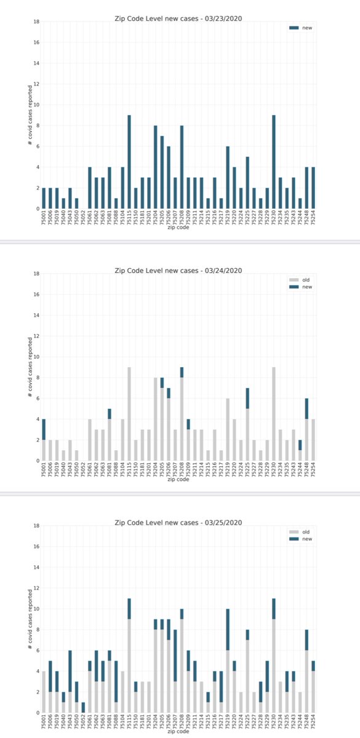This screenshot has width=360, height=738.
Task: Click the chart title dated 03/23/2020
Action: tap(178, 18)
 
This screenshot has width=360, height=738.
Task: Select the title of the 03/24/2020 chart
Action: tap(178, 271)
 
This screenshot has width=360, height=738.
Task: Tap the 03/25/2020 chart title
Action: tap(178, 522)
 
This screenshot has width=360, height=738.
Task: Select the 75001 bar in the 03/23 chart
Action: tap(43, 199)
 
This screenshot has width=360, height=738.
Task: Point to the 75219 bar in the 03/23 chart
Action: tap(228, 178)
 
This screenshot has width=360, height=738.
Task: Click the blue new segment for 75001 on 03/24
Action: tap(43, 429)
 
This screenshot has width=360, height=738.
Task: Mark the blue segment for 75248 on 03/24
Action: tap(306, 409)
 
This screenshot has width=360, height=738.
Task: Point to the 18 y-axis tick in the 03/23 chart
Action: tap(36, 22)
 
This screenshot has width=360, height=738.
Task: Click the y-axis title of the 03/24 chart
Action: tap(29, 367)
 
